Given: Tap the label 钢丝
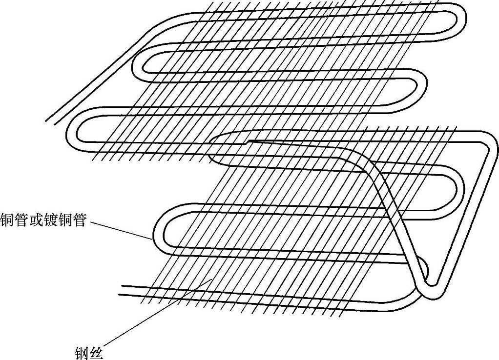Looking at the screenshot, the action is click(x=89, y=353).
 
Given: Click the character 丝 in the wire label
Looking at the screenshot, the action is click(x=97, y=353).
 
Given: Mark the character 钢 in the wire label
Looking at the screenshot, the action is click(x=82, y=353).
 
